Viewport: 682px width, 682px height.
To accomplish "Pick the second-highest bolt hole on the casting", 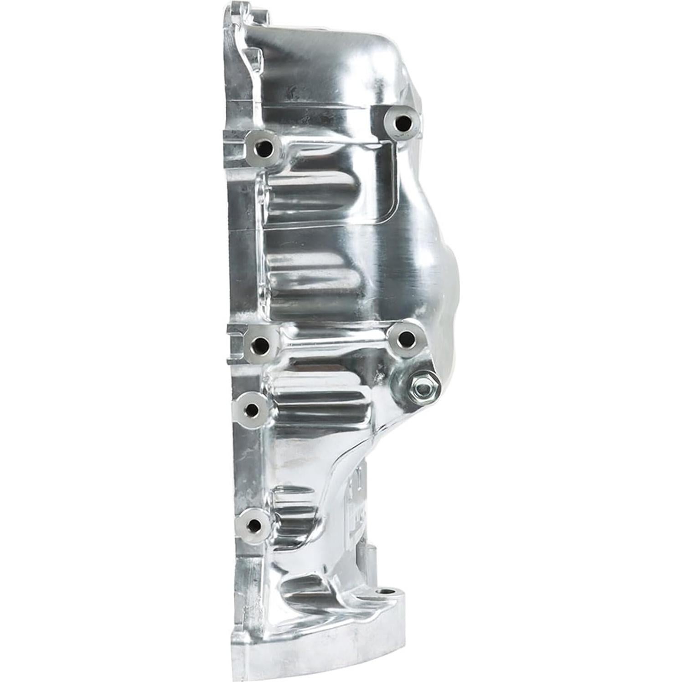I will (x=264, y=148).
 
